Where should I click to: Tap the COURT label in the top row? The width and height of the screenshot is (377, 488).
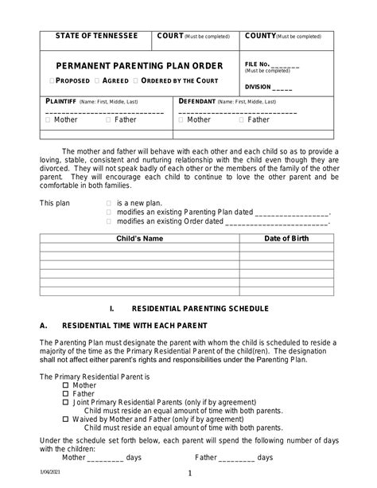pos(170,37)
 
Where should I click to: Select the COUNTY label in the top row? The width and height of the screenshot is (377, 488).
pos(260,37)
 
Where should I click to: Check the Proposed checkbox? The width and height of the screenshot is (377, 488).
pos(52,81)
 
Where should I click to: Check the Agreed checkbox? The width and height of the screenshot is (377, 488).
pos(97,81)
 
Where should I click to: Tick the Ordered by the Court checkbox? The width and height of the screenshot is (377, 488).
pos(136,81)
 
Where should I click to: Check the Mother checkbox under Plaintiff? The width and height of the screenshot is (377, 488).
pos(49,120)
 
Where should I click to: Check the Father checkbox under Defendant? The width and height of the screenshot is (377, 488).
pos(242,120)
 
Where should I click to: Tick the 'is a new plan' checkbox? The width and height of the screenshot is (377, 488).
pos(109,203)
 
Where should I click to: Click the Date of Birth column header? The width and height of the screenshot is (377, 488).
pos(286,238)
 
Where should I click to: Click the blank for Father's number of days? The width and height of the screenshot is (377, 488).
pos(236,458)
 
